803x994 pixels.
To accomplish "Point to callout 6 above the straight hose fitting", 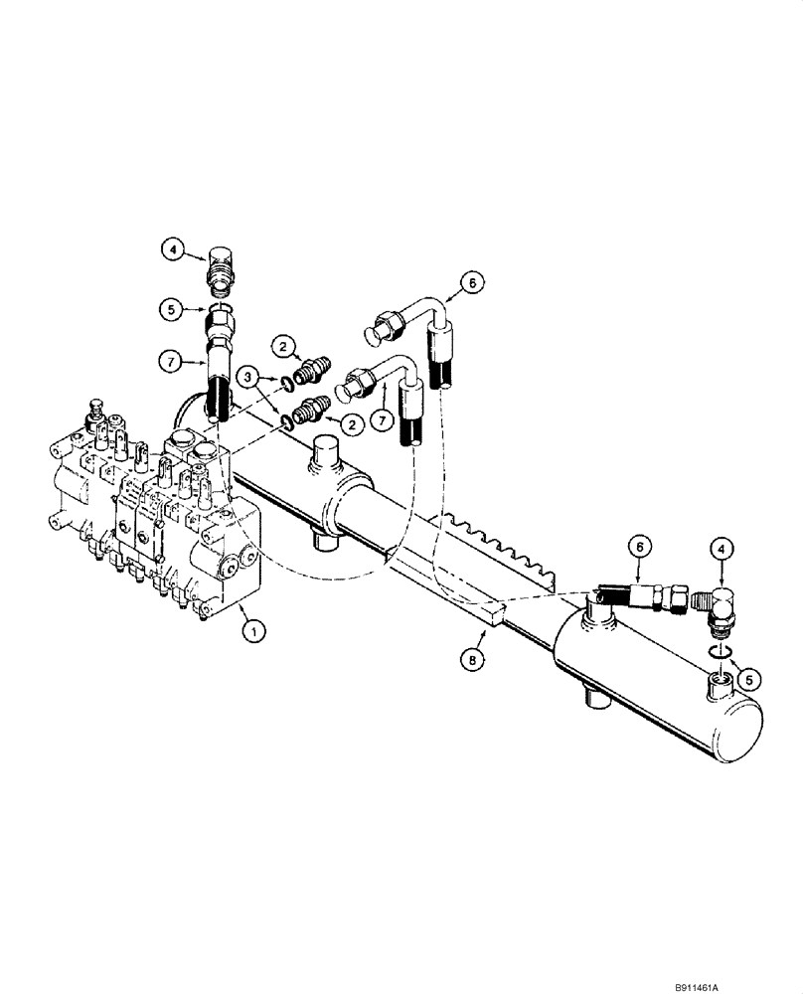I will point(641,545).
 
